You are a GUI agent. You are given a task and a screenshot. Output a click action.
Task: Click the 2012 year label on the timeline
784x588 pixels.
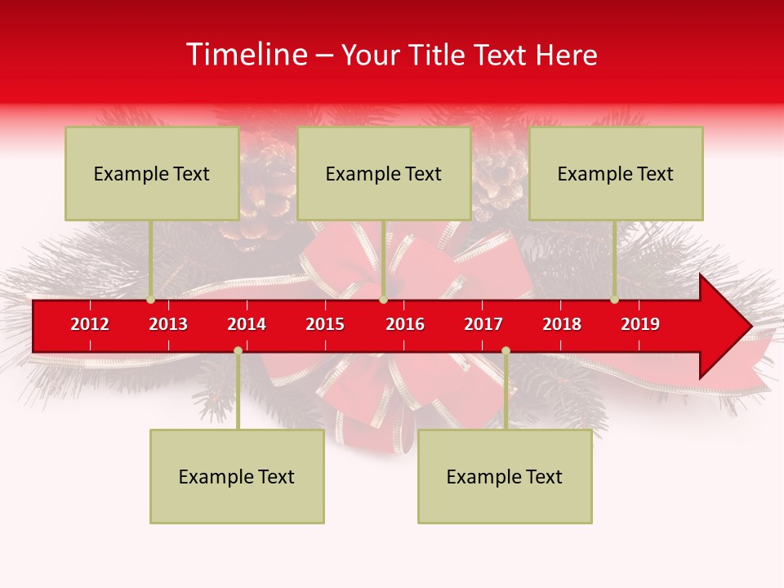pyautogui.click(x=90, y=324)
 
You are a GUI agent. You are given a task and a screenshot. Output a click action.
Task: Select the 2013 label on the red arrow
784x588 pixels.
pyautogui.click(x=168, y=324)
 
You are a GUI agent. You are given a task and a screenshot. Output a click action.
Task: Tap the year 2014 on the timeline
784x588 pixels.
pyautogui.click(x=247, y=324)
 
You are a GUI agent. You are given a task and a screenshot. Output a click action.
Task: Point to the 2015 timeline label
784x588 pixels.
pyautogui.click(x=325, y=324)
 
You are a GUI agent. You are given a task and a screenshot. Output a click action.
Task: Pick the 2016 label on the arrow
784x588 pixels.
pyautogui.click(x=405, y=324)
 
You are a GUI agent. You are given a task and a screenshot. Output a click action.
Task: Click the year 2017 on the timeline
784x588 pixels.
pyautogui.click(x=483, y=324)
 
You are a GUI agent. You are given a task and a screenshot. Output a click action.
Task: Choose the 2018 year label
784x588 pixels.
pyautogui.click(x=562, y=324)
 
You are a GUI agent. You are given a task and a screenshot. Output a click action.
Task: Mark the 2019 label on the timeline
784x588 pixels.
pyautogui.click(x=640, y=324)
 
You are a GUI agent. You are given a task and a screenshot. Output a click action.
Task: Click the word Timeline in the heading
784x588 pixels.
pyautogui.click(x=246, y=55)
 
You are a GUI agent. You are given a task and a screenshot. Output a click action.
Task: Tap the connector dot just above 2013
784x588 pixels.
pyautogui.click(x=151, y=300)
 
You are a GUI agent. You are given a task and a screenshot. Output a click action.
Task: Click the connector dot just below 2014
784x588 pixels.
pyautogui.click(x=238, y=350)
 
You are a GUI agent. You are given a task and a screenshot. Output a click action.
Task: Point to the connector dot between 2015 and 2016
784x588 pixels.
pyautogui.click(x=383, y=300)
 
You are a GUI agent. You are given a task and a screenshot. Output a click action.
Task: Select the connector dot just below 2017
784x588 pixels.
pyautogui.click(x=506, y=350)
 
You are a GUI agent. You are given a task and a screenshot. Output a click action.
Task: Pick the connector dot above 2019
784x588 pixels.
pyautogui.click(x=615, y=300)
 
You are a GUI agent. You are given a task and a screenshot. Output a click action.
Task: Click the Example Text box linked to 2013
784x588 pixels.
pyautogui.click(x=152, y=173)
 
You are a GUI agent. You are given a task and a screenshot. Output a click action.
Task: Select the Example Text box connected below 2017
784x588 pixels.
pyautogui.click(x=505, y=476)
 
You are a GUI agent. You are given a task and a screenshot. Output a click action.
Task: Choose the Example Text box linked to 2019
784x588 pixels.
pyautogui.click(x=616, y=173)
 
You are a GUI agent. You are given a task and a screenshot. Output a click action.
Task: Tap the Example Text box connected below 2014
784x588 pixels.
pyautogui.click(x=237, y=476)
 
